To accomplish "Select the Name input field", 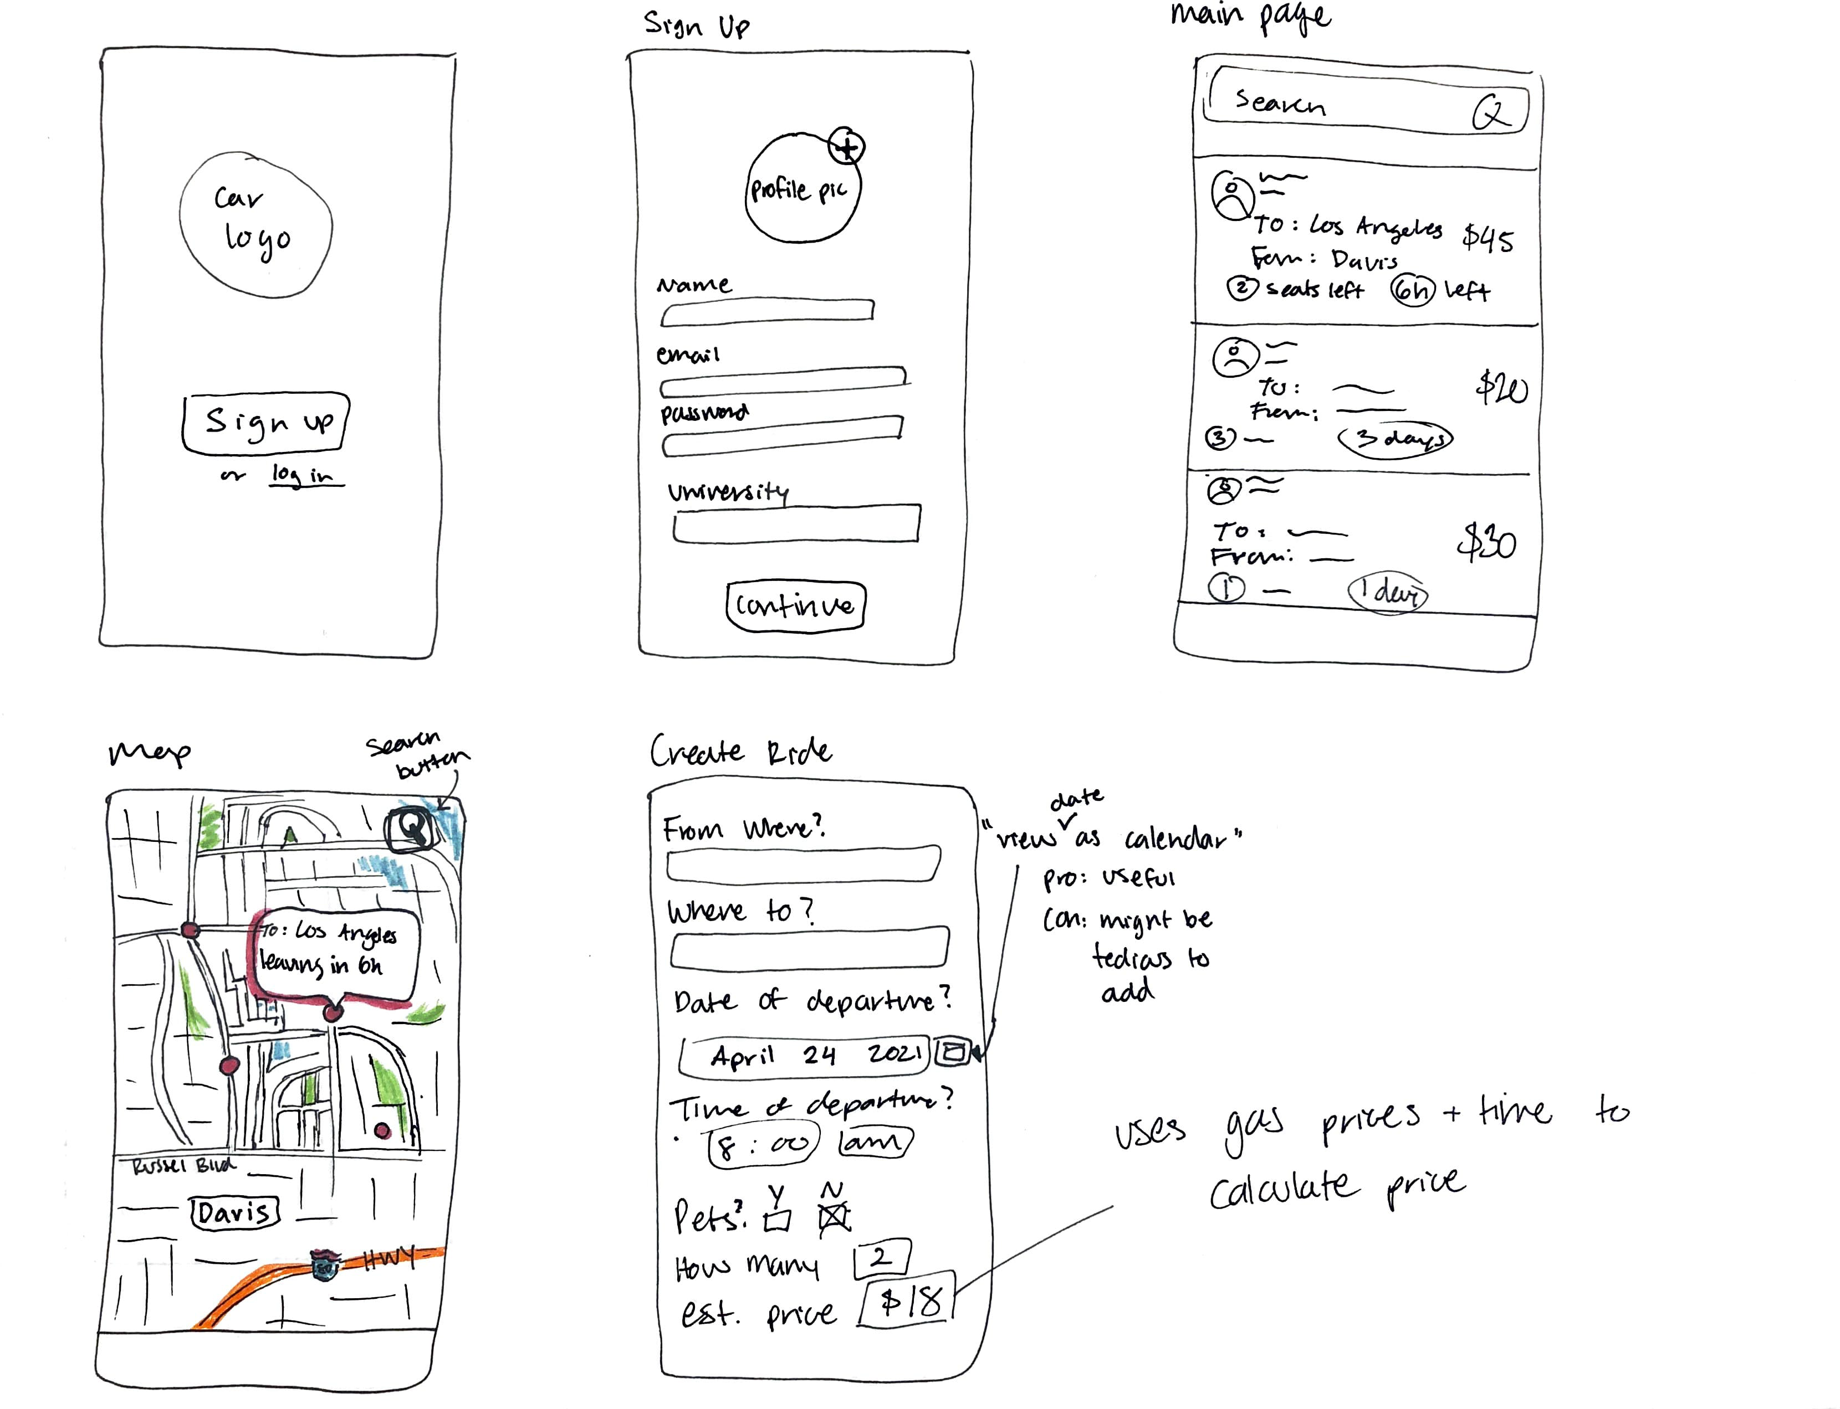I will (x=767, y=311).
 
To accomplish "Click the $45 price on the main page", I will (x=1488, y=239).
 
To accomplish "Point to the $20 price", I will (x=1501, y=388).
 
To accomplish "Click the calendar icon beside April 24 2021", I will (x=952, y=1052).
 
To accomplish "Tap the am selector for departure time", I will (x=873, y=1142).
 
